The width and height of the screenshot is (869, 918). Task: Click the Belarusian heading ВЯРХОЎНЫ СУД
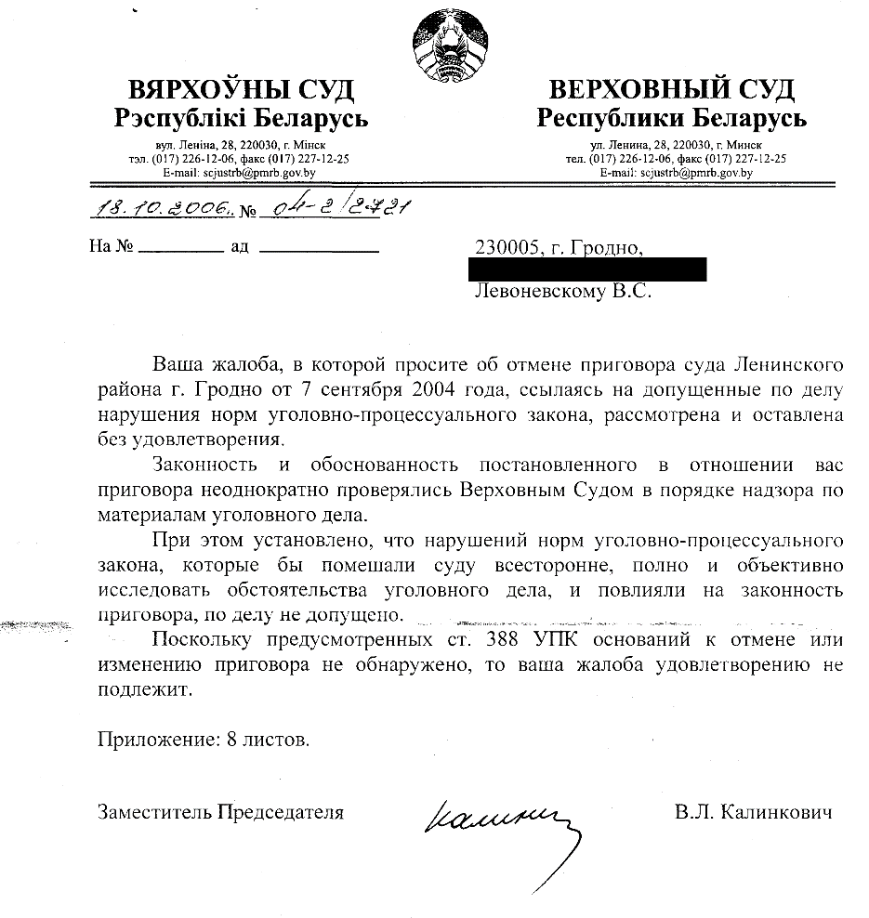pyautogui.click(x=241, y=90)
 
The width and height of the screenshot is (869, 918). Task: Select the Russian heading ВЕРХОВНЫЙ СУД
pyautogui.click(x=672, y=90)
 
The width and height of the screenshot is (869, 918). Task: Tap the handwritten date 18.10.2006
pyautogui.click(x=163, y=209)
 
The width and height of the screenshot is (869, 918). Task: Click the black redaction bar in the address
pyautogui.click(x=589, y=270)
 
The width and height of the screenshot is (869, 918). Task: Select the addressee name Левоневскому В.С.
pyautogui.click(x=563, y=292)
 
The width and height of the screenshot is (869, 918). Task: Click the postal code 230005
pyautogui.click(x=507, y=248)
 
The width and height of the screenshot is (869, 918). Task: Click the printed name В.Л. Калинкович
pyautogui.click(x=754, y=812)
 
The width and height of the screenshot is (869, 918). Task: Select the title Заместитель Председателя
pyautogui.click(x=221, y=812)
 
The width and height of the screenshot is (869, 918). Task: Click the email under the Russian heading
pyautogui.click(x=676, y=173)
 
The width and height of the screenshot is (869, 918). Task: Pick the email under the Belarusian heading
pyautogui.click(x=239, y=173)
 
